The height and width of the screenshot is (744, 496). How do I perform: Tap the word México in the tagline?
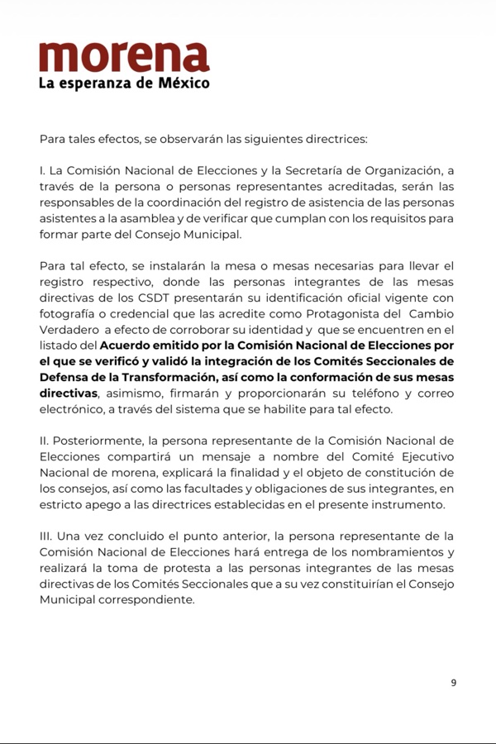[184, 83]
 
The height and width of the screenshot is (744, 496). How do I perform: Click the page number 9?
[453, 683]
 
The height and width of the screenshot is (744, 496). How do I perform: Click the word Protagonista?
[345, 313]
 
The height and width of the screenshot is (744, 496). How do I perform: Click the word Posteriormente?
[96, 441]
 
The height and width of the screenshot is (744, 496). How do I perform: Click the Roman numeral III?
[46, 537]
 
